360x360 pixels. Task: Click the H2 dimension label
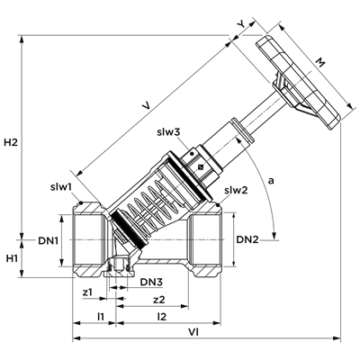[x=11, y=142]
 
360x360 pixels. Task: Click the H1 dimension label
[x=12, y=258]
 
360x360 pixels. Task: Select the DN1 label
[x=48, y=240]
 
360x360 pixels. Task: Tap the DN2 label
[x=247, y=239]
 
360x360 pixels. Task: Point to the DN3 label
[x=152, y=282]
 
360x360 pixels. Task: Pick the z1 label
[x=88, y=292]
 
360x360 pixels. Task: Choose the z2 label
[x=159, y=300]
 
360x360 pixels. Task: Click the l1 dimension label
[x=101, y=316]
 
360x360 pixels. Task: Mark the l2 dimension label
[x=161, y=316]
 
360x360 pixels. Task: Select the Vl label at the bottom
[x=193, y=332]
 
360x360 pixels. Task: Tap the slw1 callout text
[x=61, y=187]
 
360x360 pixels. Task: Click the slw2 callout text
[x=237, y=190]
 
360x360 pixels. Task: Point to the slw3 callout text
[x=168, y=132]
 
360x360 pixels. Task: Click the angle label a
[x=271, y=181]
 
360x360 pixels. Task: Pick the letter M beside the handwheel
[x=320, y=63]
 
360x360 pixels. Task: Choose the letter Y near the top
[x=240, y=25]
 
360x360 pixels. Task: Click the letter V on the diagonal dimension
[x=146, y=105]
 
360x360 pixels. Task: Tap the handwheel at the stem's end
[x=299, y=83]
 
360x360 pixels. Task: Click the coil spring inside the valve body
[x=150, y=204]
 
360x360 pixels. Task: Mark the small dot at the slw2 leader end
[x=218, y=205]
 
